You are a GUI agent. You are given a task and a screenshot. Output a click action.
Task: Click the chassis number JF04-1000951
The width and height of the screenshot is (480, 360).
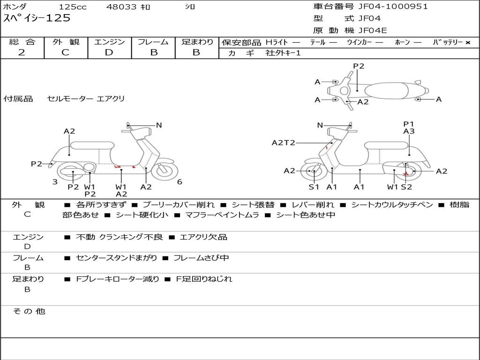pos(393,7)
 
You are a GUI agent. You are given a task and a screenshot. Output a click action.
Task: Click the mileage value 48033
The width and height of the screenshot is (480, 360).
pos(121,7)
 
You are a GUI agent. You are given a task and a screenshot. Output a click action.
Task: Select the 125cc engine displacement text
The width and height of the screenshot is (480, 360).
pos(72,7)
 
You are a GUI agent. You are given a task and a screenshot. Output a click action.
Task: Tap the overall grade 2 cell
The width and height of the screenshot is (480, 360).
pos(22,52)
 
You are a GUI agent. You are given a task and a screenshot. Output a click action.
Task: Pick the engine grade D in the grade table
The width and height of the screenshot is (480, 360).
pos(109,52)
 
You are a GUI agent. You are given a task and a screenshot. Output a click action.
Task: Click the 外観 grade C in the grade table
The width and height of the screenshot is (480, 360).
pos(66,52)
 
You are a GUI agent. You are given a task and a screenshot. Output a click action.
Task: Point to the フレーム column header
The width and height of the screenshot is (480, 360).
pos(153,42)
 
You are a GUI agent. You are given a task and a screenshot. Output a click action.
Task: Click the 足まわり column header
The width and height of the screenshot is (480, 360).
pos(197,42)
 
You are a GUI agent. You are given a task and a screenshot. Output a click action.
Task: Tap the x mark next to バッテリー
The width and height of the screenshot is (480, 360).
pos(467,43)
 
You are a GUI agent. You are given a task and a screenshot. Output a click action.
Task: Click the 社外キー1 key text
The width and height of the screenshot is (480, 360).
pos(283,53)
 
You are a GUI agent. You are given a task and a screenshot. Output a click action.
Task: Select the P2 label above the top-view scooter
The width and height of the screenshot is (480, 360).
pos(359,66)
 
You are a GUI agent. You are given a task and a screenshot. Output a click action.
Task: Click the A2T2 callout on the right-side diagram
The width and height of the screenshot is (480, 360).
pos(284,142)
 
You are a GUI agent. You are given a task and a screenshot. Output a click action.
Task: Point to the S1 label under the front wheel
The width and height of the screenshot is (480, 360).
pos(314,187)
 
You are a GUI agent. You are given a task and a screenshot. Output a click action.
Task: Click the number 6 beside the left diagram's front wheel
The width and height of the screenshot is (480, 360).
pos(180,182)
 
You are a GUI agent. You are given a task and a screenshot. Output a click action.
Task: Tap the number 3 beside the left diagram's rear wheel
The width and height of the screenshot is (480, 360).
pos(55,182)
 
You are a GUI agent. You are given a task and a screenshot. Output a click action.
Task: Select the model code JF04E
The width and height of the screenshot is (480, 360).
pos(373,31)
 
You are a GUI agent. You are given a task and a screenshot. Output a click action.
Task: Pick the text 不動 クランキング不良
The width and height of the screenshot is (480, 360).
pos(120,237)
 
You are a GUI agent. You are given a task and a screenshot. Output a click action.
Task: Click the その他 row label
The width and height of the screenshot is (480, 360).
pos(29,311)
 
